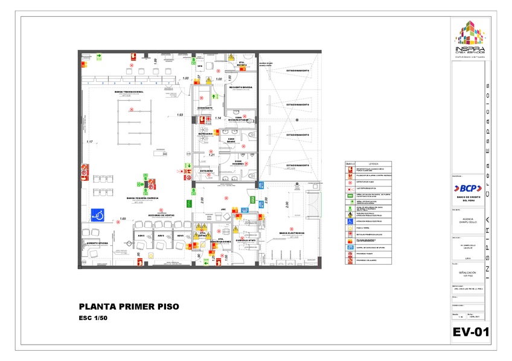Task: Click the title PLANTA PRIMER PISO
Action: [129, 307]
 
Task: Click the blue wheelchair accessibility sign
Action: [97, 213]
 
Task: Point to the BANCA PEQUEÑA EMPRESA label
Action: [142, 198]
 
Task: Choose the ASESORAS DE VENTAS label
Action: [162, 215]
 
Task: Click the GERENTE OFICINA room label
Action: [97, 243]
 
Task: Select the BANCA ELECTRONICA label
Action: [292, 233]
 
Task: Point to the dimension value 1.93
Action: [179, 115]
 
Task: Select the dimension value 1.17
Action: [89, 142]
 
